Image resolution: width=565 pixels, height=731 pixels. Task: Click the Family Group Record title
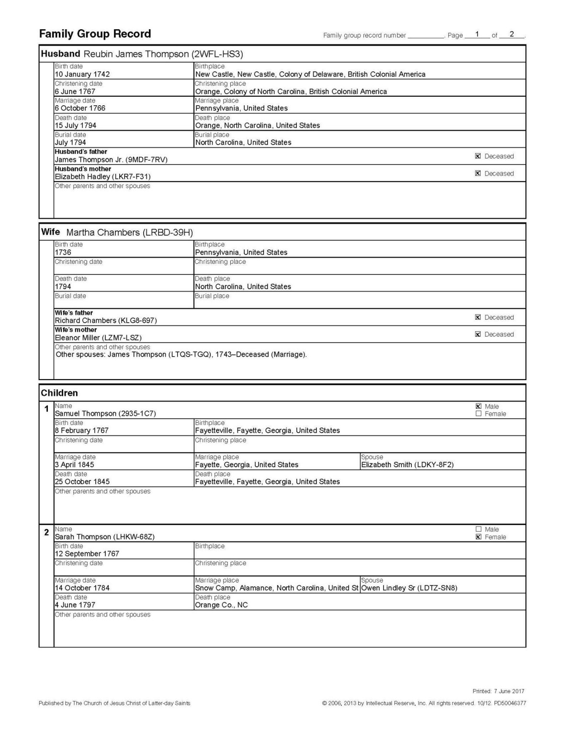coord(95,34)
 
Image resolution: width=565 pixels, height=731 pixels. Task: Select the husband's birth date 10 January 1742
coord(82,74)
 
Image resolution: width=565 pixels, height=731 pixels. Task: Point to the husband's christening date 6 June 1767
coord(75,91)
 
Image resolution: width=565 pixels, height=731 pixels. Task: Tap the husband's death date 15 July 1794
coord(75,125)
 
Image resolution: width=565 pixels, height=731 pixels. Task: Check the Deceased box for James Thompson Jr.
coord(478,156)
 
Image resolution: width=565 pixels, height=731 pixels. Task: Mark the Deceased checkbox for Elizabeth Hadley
coord(478,173)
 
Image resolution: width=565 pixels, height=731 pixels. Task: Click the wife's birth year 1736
coord(63,252)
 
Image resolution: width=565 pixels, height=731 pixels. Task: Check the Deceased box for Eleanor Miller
coord(478,334)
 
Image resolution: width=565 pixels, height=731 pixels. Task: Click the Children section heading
coord(59,393)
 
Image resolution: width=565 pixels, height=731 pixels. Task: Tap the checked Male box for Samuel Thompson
coord(478,406)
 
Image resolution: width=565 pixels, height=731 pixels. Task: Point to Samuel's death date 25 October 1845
coord(82,482)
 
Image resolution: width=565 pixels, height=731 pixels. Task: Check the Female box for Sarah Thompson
coord(478,537)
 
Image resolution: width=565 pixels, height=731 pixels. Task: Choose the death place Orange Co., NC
coord(221,605)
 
